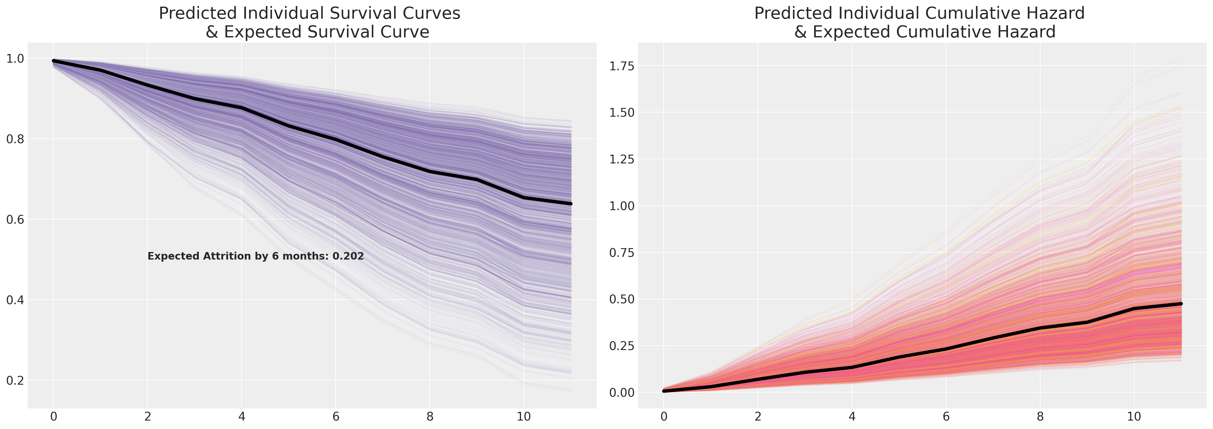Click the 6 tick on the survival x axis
(336, 417)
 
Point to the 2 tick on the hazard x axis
(758, 417)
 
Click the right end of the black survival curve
(571, 203)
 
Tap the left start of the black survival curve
(54, 61)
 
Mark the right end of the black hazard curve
(1181, 304)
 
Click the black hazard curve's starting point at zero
(664, 391)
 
